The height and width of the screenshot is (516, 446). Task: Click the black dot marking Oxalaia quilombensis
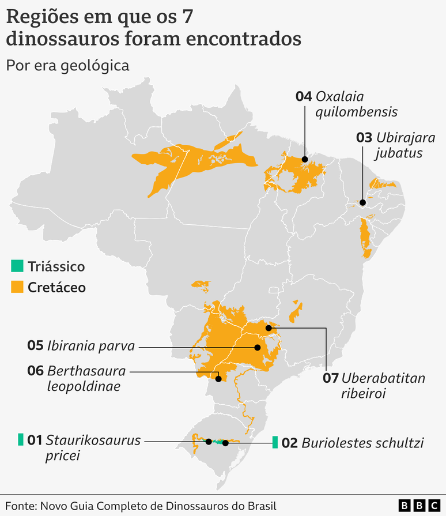pos(305,160)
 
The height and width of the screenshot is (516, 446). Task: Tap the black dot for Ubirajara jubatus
pos(362,202)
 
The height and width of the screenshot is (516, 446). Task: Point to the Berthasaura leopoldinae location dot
pos(218,379)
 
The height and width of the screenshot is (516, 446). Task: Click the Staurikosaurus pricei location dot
pos(209,442)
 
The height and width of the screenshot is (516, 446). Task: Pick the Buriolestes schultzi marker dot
pos(226,443)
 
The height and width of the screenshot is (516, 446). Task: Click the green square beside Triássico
pos(17,266)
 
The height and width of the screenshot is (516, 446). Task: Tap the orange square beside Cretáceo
pos(17,287)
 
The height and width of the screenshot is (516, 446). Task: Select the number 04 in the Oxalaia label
pos(304,96)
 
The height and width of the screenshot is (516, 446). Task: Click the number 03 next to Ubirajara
pos(364,138)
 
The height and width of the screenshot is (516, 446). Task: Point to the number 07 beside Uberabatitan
pos(330,379)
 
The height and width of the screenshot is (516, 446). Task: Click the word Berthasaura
pos(86,371)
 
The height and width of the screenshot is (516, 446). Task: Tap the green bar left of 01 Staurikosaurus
pos(21,440)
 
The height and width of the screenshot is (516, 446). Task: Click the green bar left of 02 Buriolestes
pos(275,443)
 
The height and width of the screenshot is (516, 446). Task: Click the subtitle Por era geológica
pos(67,65)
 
